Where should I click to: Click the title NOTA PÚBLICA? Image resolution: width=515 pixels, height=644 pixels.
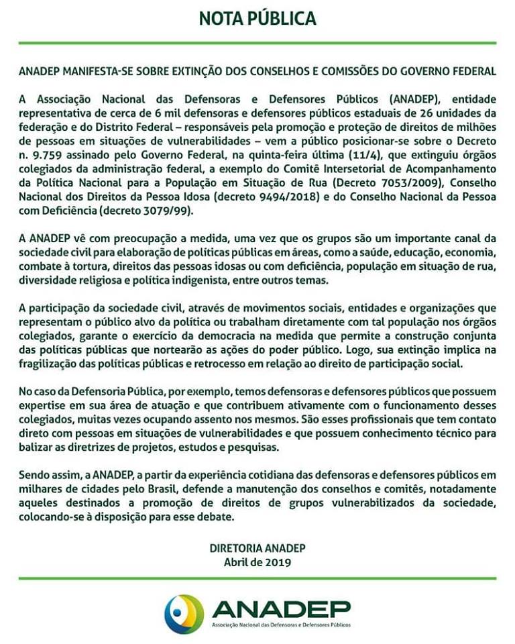coord(257,18)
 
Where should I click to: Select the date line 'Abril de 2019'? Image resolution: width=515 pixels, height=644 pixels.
coord(257,563)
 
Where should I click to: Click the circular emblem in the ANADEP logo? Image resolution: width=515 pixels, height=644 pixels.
coord(184,612)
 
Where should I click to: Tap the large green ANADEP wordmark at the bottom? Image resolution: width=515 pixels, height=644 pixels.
coord(281,608)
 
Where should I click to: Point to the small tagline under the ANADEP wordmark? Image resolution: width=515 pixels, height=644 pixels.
coord(281,625)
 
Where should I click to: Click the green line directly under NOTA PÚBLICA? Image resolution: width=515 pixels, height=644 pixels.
coord(257,43)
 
